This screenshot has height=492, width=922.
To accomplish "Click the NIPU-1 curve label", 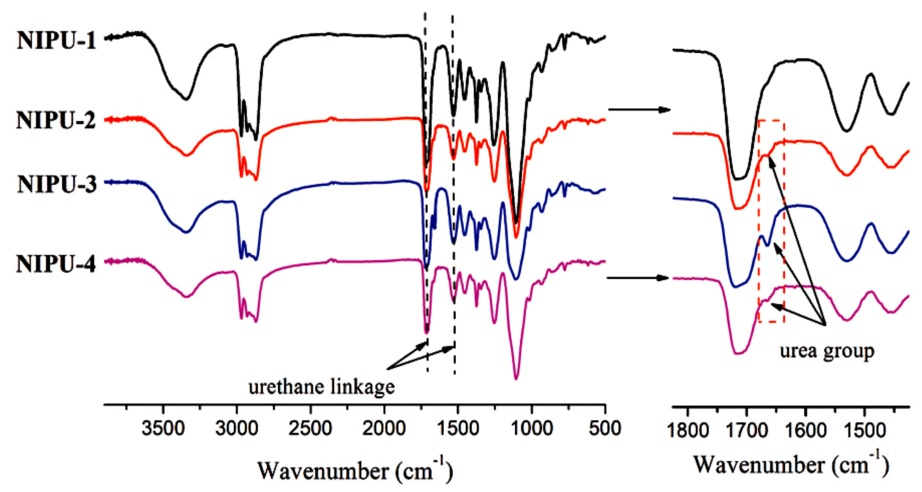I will click(57, 41).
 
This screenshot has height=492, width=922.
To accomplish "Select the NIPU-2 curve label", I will click(56, 120).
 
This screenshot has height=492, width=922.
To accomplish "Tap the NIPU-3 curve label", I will click(57, 185).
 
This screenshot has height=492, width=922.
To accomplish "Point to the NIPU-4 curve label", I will click(56, 265).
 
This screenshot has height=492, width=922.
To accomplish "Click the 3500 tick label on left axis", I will click(163, 428).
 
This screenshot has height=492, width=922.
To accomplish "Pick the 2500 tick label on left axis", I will click(310, 428).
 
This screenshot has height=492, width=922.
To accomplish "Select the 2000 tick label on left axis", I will click(384, 428).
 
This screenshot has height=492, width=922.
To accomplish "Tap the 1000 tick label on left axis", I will click(532, 428).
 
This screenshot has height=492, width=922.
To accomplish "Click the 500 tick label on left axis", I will click(605, 428).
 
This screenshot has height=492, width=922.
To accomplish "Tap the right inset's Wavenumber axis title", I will click(791, 465).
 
